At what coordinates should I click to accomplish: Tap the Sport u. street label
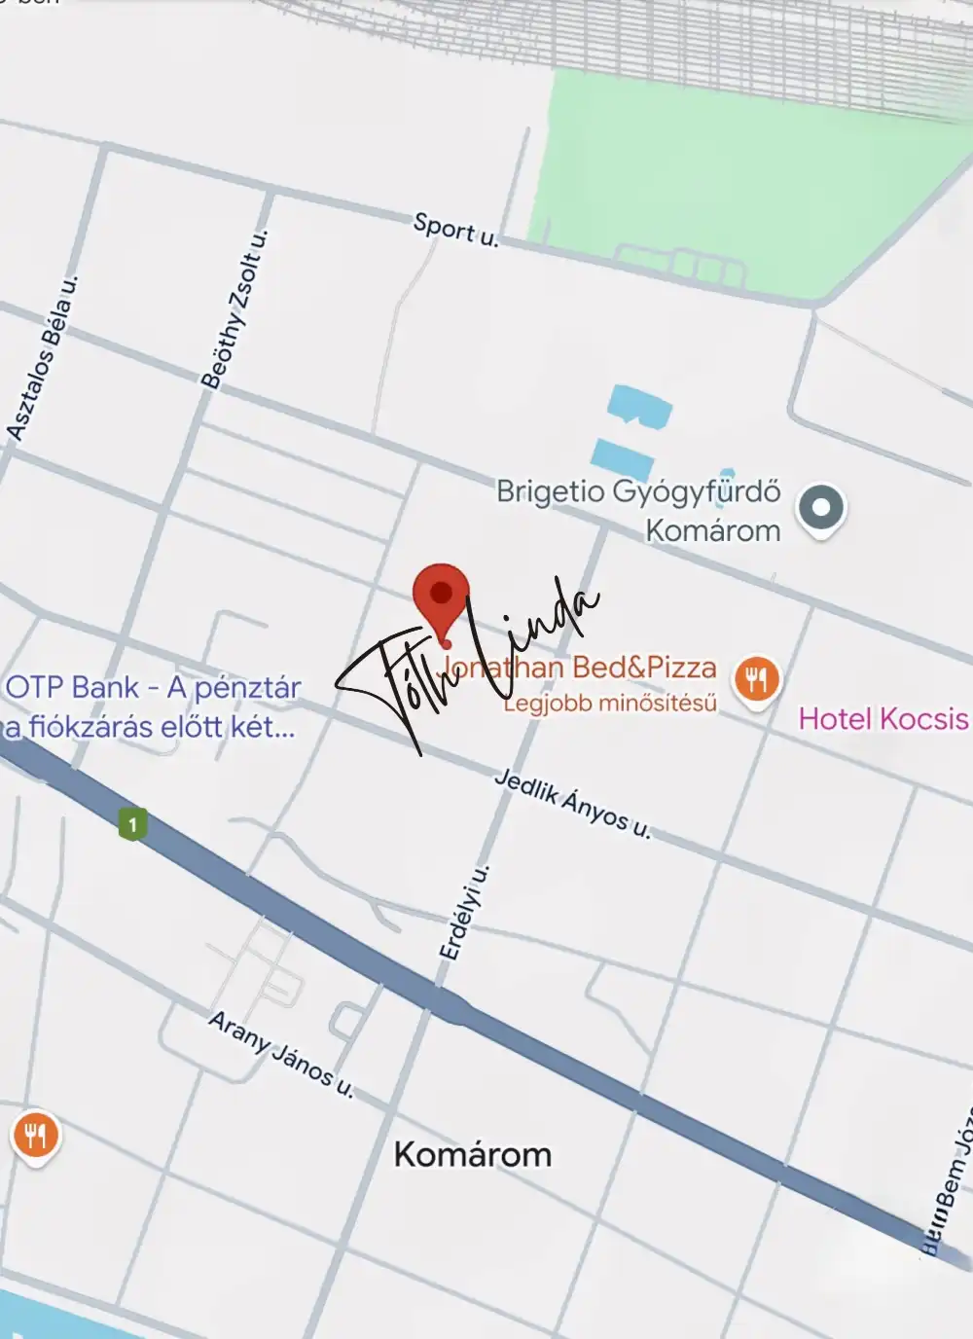[455, 229]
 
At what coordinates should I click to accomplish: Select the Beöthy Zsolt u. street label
[234, 309]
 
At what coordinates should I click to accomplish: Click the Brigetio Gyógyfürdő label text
[638, 491]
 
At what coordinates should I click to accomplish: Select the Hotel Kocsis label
[883, 719]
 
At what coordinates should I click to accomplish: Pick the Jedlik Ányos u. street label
[572, 804]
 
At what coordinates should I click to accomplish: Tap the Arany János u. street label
[281, 1055]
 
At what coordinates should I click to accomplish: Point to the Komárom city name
[472, 1155]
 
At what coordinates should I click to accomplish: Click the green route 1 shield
[132, 825]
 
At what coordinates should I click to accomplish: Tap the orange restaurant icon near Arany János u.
[35, 1136]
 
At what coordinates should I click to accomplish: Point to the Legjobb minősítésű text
[610, 703]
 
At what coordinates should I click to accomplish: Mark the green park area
[720, 175]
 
